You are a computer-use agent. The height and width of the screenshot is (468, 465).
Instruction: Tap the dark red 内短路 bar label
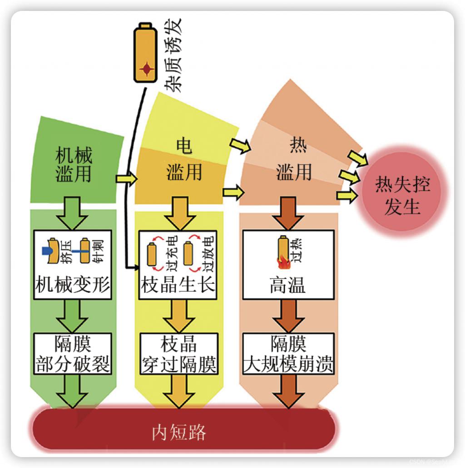[178, 432]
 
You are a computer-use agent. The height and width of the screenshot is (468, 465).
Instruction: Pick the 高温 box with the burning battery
[288, 265]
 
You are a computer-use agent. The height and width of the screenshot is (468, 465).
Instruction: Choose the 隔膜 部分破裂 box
[73, 354]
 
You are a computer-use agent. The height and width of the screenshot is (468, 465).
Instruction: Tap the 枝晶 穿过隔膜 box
[178, 354]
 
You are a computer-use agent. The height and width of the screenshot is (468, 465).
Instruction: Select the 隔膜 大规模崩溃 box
[288, 354]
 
